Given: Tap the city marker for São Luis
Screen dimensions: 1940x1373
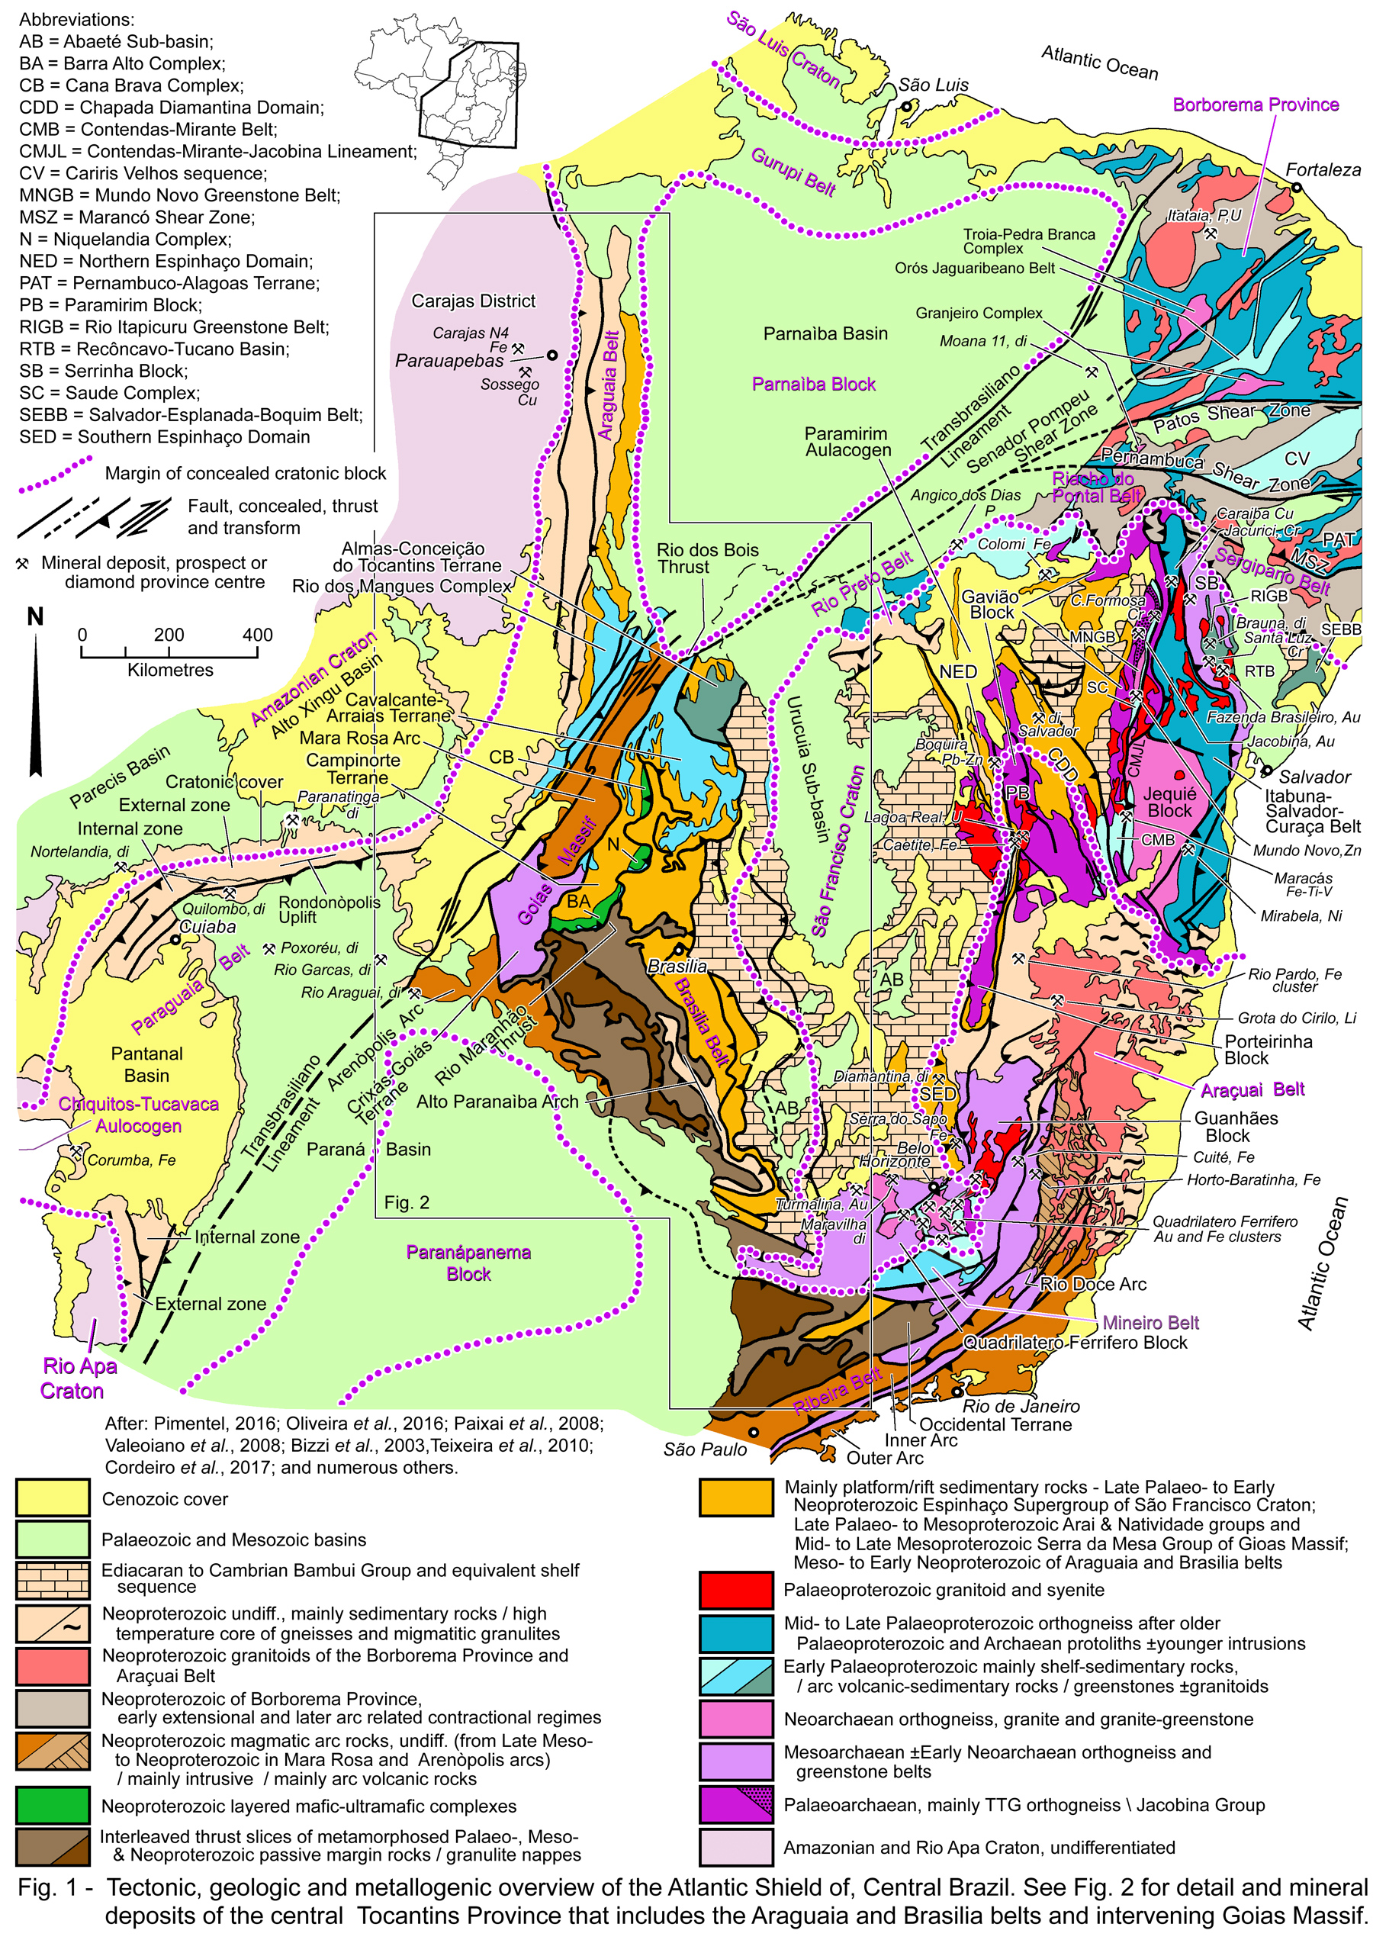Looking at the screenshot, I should tap(905, 107).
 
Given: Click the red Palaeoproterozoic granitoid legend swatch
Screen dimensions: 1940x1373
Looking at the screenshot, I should tap(735, 1589).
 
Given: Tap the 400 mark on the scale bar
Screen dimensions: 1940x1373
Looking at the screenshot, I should tap(257, 635).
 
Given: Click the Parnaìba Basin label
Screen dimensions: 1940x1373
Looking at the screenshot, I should tap(825, 334).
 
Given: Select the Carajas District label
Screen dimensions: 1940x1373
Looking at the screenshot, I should tap(474, 301).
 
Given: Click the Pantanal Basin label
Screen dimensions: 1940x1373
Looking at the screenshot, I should tap(147, 1064).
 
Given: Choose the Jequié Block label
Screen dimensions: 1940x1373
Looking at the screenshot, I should tap(1169, 801).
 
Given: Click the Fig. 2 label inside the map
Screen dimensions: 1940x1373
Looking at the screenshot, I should tap(407, 1202).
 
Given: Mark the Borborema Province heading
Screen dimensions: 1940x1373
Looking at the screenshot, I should tap(1256, 105).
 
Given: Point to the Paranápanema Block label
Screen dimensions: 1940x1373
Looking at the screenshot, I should tap(468, 1263).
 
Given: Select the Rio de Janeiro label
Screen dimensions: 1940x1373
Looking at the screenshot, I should tap(1021, 1407).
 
